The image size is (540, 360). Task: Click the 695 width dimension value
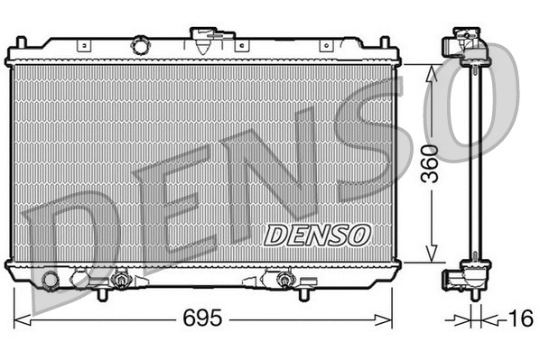pyautogui.click(x=204, y=318)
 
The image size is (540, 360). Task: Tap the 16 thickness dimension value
pyautogui.click(x=520, y=318)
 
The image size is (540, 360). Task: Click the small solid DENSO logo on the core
pyautogui.click(x=317, y=234)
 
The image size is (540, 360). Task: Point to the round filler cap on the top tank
pyautogui.click(x=140, y=45)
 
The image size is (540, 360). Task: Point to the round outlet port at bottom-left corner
pyautogui.click(x=50, y=281)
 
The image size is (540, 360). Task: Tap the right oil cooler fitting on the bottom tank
pyautogui.click(x=285, y=281)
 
